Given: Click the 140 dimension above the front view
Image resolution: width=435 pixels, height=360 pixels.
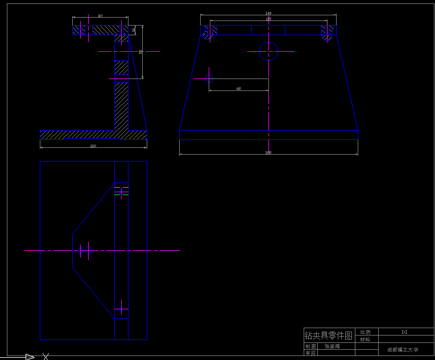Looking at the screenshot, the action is click(268, 13).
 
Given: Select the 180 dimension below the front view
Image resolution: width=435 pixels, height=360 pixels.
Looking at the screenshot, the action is click(268, 152).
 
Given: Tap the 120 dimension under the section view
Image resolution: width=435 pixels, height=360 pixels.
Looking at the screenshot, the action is click(93, 146).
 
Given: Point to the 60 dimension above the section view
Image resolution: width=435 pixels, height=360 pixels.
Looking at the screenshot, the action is click(100, 16).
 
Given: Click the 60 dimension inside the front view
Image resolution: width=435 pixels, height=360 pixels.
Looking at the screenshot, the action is click(238, 89).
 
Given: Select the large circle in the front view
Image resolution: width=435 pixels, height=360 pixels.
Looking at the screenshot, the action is click(268, 51).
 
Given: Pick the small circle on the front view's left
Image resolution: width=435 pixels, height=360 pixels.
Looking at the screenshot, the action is click(209, 78).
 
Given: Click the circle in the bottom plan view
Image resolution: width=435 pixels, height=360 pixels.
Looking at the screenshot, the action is click(85, 250).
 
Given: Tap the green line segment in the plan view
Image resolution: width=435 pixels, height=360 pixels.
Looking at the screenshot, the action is click(121, 195).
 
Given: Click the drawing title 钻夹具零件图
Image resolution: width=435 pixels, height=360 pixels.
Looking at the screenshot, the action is click(329, 336).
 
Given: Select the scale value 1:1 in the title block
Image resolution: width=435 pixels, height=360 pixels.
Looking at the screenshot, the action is click(404, 332).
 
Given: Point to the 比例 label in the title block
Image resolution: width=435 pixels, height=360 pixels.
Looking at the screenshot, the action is click(365, 332).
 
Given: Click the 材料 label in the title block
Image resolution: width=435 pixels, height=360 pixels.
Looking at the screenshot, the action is click(365, 340).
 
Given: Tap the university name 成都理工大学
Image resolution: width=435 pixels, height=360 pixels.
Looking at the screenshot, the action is click(403, 350).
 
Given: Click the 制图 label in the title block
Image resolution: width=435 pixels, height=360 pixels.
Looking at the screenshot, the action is click(310, 346).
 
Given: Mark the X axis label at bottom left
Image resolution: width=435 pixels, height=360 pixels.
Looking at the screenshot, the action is click(45, 357).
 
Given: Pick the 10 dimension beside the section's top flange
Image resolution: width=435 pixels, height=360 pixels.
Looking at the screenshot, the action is click(134, 30).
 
